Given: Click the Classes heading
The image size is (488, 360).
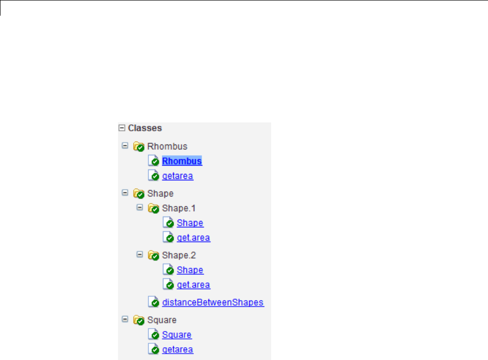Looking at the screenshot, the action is point(145,128).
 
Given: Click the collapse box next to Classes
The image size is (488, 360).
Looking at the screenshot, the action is point(122,128).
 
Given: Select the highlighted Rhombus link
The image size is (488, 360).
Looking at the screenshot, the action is point(182,161).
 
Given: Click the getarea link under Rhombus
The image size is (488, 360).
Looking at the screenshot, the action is point(178,176).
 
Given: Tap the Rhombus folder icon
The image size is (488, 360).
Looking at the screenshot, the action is point(139,146).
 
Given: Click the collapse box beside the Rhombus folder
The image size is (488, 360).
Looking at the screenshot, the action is point(124,146).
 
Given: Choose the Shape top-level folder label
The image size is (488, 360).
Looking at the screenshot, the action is point(161,194).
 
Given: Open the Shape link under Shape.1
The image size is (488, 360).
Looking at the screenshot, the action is point(190,223).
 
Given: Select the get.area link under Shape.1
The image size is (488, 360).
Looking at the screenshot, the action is point(193,238).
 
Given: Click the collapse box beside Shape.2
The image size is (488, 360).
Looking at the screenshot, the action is point(139,255).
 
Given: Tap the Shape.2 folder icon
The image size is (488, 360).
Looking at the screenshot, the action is point(153,256).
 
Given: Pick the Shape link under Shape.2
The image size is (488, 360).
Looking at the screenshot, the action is point(190,270).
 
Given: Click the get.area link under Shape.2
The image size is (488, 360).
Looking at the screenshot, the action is point(193,285).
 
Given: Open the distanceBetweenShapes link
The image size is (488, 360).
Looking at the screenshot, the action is point(213,303).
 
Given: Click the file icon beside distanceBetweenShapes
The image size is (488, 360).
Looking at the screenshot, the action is point(154,302).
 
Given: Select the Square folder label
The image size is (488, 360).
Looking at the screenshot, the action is point(162,320).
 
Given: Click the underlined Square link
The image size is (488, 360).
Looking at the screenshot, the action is point(177,335).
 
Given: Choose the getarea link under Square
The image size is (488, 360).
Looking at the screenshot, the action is point(178,350).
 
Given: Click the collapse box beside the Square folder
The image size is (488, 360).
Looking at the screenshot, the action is point(124,320).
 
